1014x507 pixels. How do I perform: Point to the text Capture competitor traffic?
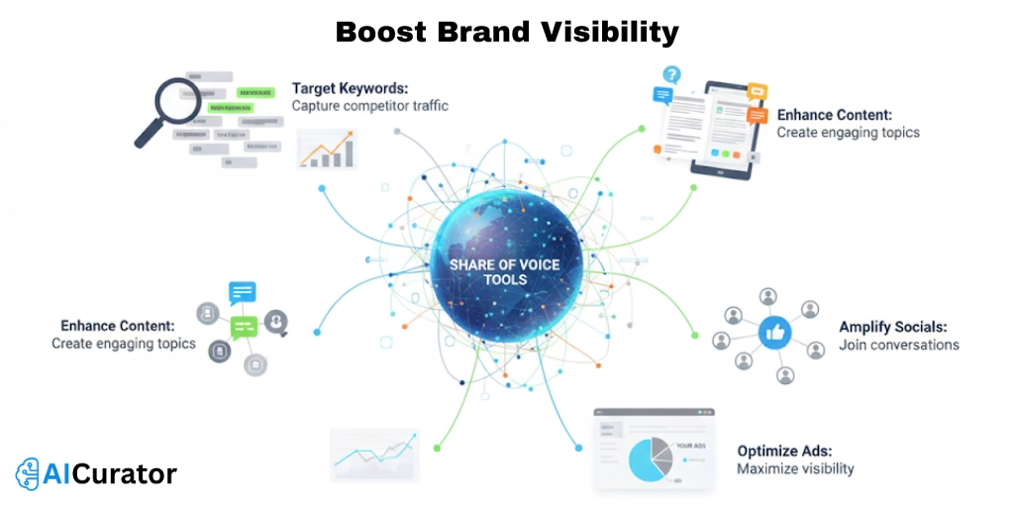pyautogui.click(x=369, y=105)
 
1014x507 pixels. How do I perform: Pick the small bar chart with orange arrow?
pyautogui.click(x=326, y=149)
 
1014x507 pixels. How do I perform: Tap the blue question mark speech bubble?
pyautogui.click(x=672, y=74)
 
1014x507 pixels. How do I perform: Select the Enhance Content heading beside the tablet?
pyautogui.click(x=834, y=115)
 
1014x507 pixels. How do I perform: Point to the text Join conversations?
pyautogui.click(x=898, y=345)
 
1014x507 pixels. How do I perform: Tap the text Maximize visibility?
pyautogui.click(x=795, y=468)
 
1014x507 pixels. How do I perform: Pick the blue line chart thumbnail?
pyautogui.click(x=372, y=453)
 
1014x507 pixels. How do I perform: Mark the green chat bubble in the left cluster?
pyautogui.click(x=243, y=326)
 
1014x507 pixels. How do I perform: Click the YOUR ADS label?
pyautogui.click(x=690, y=446)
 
